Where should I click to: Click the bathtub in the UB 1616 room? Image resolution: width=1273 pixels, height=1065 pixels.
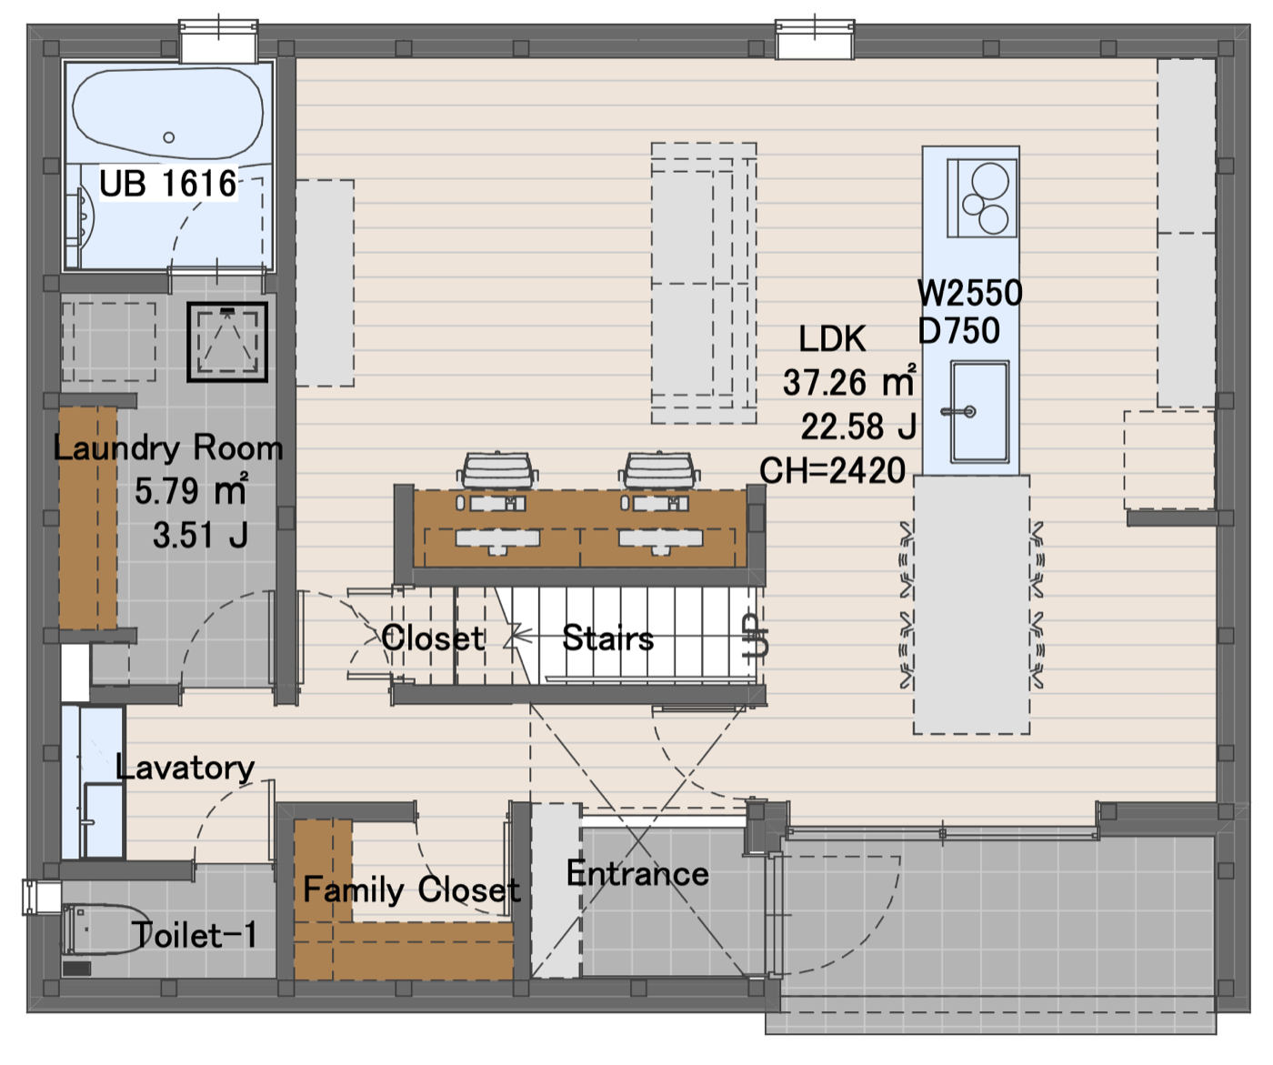167,114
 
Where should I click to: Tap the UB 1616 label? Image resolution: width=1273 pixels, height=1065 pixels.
167,183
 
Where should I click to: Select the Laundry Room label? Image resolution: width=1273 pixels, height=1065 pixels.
168,448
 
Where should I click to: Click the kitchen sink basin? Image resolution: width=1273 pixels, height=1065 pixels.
979,411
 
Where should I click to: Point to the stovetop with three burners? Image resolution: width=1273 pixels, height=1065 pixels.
982,198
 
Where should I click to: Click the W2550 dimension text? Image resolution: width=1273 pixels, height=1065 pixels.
970,293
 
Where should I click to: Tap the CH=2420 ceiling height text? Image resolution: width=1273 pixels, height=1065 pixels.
832,471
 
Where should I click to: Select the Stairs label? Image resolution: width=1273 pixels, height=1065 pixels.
607,638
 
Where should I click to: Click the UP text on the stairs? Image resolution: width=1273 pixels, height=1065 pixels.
756,635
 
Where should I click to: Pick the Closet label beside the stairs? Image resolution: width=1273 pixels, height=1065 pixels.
433,638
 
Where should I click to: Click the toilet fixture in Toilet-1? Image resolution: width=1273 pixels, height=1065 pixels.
104,929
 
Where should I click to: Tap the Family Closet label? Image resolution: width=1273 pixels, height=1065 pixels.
412,889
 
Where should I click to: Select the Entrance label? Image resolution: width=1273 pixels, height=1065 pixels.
637,873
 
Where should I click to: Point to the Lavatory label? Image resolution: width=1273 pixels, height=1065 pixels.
185,768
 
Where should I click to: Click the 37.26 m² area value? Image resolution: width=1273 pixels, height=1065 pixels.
849,382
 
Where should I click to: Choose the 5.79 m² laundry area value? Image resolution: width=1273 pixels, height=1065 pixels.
191,490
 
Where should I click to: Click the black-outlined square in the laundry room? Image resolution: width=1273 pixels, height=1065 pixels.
227,342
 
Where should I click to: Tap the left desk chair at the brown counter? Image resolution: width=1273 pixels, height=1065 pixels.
497,471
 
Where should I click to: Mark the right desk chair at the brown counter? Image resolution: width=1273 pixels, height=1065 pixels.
659,471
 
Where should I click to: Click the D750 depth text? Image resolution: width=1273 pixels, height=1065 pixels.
959,331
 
